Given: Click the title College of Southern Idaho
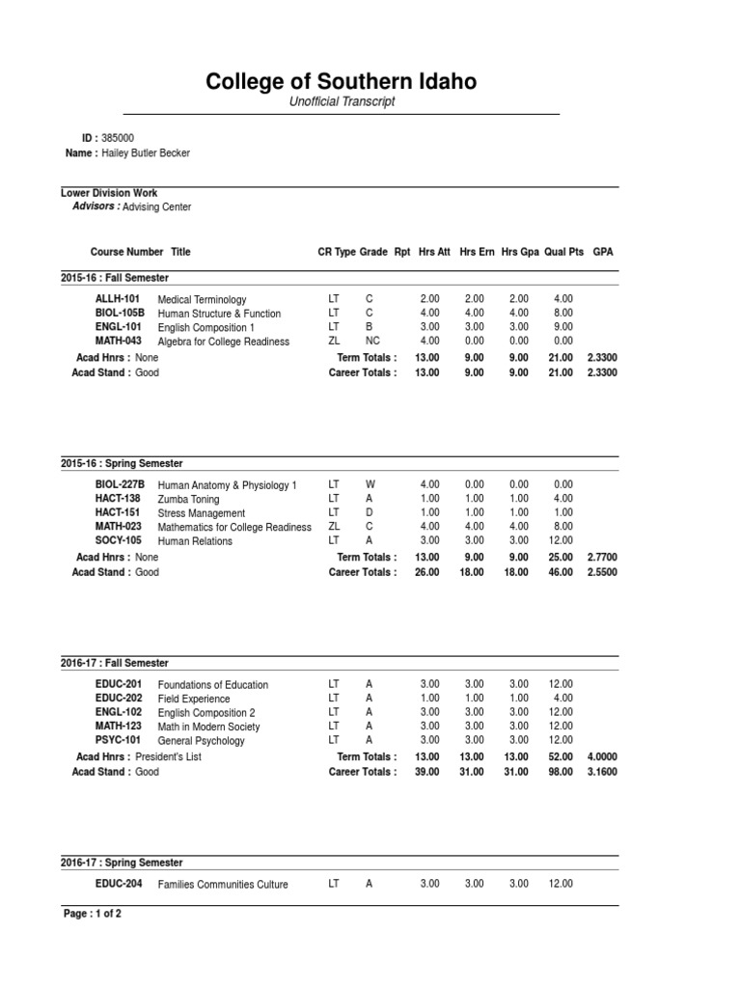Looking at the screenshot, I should click(x=342, y=82).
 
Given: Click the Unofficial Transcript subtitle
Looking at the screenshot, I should click(x=343, y=102).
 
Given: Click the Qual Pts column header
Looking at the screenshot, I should click(x=563, y=252).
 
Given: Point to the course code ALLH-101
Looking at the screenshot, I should click(x=117, y=299).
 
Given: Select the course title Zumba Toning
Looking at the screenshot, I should click(x=188, y=500).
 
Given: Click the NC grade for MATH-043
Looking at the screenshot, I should click(x=372, y=342).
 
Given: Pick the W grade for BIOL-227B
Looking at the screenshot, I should click(x=370, y=484).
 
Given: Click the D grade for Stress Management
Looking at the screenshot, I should click(x=370, y=513).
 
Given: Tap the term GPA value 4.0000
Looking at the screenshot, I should click(x=603, y=757).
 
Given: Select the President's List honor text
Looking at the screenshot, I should click(x=168, y=757).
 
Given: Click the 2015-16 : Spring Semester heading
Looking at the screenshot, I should click(x=122, y=464).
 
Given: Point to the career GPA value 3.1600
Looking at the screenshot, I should click(x=603, y=772).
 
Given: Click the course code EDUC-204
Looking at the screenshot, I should click(x=119, y=884).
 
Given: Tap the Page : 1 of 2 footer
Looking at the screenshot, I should click(x=92, y=914).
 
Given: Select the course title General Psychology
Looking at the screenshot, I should click(x=201, y=741).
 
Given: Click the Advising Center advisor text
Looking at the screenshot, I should click(x=157, y=206).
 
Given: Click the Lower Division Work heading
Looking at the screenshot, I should click(x=109, y=193).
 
